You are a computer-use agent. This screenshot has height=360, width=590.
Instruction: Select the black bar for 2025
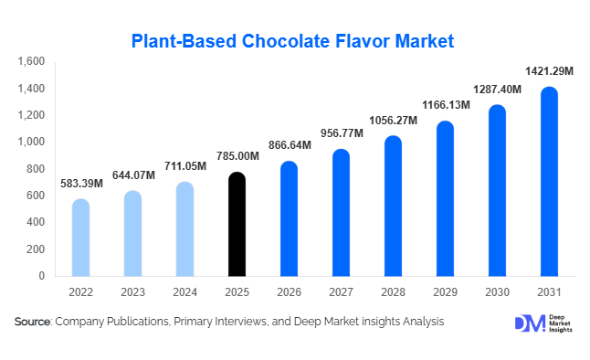(237, 224)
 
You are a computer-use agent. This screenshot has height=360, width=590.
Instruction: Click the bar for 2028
(393, 206)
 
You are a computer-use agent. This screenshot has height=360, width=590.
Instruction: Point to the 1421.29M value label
(549, 69)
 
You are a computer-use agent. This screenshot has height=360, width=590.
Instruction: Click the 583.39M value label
(80, 184)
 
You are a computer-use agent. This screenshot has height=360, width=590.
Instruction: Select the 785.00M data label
(237, 156)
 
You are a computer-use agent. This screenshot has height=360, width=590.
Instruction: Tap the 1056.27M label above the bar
(393, 121)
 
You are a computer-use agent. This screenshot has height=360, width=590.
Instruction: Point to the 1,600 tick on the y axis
(31, 62)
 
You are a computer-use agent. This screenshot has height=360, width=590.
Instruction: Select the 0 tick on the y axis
(42, 276)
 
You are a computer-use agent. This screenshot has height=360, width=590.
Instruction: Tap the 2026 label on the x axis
(289, 292)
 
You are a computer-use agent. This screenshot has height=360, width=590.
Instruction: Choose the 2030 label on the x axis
(497, 292)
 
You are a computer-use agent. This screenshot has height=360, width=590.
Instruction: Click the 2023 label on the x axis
(132, 292)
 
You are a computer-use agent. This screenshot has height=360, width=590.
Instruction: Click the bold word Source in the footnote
(33, 322)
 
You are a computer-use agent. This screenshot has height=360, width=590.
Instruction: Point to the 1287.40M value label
(497, 90)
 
